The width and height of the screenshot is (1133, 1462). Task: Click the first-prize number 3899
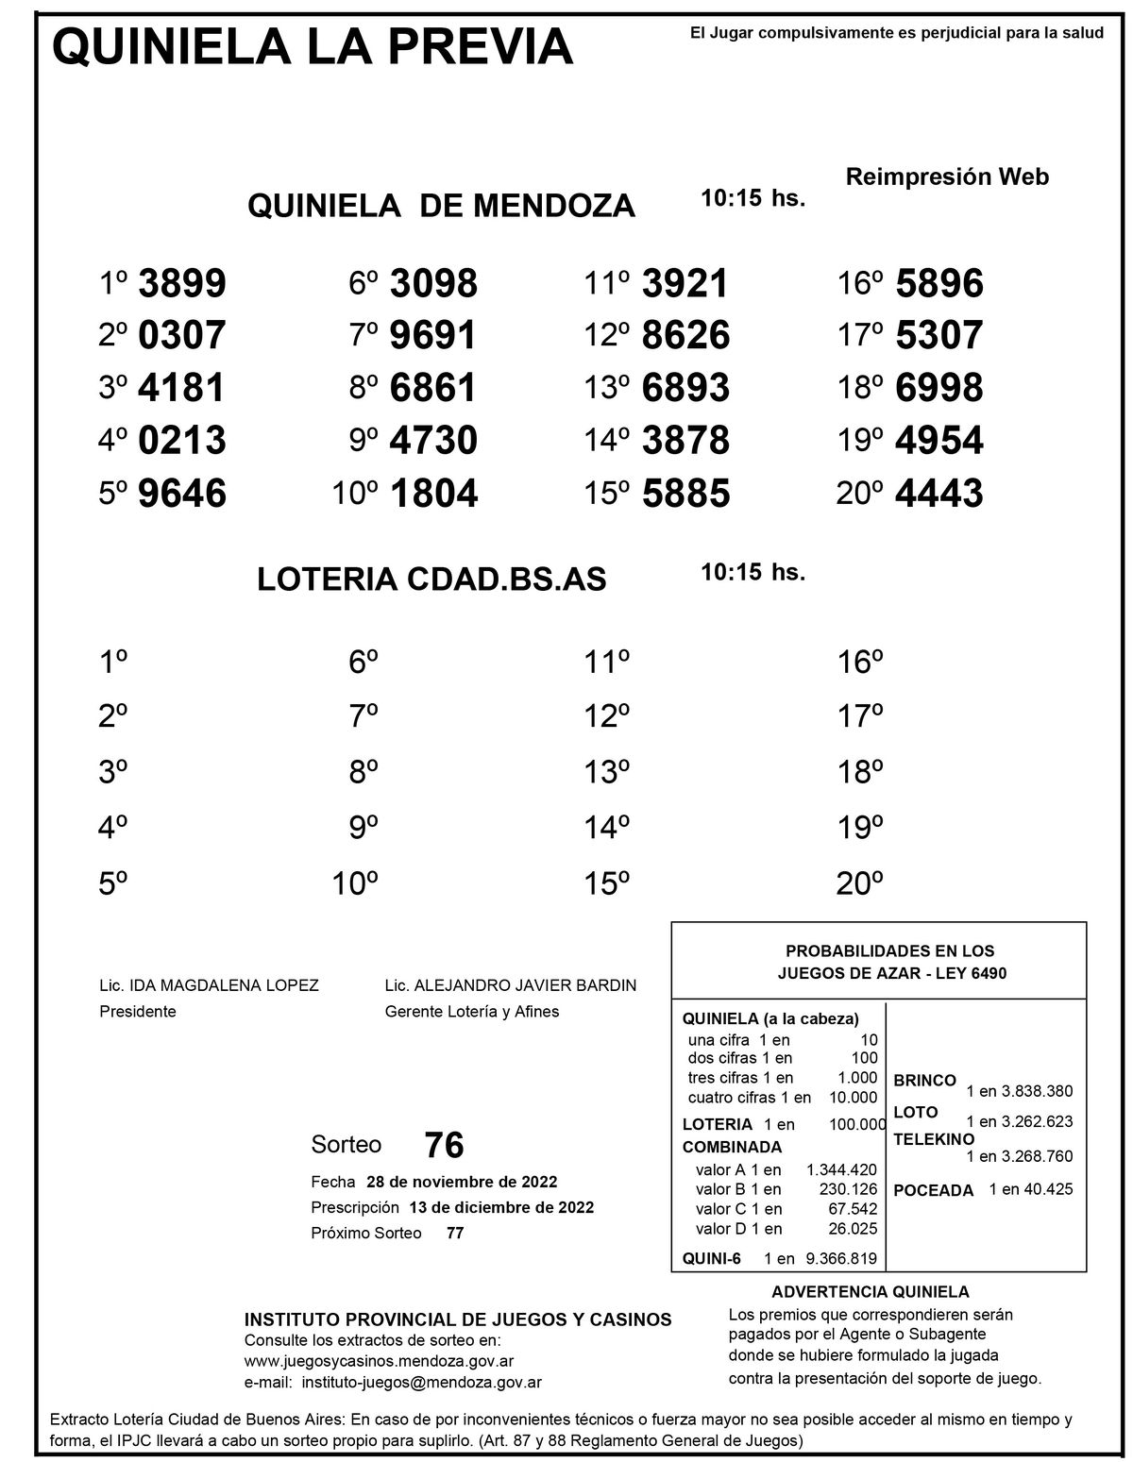pos(182,283)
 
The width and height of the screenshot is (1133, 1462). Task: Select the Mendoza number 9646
pos(182,494)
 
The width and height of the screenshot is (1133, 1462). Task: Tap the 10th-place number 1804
pos(433,494)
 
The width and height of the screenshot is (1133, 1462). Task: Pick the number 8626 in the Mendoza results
pos(685,336)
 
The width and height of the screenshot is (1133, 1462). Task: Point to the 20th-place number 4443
pos(939,494)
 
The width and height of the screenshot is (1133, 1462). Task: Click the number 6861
pos(433,388)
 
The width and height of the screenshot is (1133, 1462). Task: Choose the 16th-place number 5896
pos(939,283)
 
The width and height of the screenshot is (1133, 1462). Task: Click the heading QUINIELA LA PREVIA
pos(313,47)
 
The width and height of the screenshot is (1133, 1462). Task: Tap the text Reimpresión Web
pos(947,176)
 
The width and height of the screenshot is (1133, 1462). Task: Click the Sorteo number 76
pos(445,1145)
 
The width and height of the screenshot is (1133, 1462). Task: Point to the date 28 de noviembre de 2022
pos(462,1182)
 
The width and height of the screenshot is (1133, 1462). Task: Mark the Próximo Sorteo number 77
pos(455,1233)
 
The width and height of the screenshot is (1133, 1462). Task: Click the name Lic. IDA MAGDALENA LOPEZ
pos(209,985)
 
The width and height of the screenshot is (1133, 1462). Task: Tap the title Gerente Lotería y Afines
pos(472,1012)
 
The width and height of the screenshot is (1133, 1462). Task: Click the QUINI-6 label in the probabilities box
pos(712,1257)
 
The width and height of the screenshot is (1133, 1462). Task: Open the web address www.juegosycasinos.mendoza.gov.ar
pos(379,1361)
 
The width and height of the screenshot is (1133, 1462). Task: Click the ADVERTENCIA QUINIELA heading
pos(871,1292)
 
